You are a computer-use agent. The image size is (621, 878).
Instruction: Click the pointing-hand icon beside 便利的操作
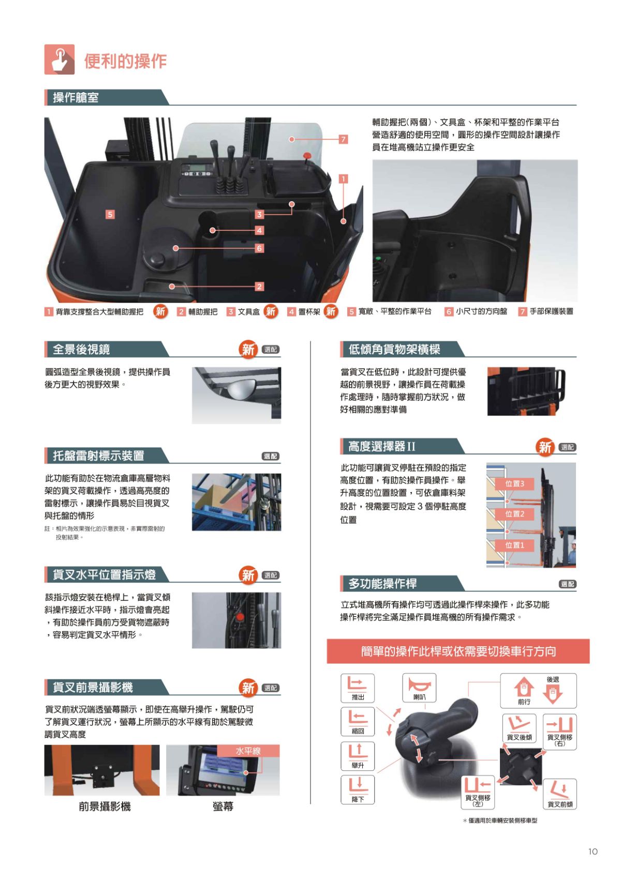[59, 59]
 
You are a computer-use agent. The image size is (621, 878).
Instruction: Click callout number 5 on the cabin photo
[110, 214]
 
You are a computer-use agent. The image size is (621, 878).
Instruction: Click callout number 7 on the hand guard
[343, 139]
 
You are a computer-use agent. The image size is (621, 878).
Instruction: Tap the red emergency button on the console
[307, 155]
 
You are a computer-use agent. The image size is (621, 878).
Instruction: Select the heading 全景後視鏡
[81, 349]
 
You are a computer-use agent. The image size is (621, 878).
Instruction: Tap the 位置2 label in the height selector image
[514, 514]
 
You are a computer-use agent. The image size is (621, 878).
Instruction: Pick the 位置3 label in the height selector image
[514, 483]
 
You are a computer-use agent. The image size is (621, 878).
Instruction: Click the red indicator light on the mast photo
[240, 617]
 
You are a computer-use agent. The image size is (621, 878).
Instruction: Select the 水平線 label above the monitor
[248, 751]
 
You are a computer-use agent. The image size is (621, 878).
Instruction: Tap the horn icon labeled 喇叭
[419, 688]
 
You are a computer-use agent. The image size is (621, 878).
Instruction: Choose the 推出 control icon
[358, 687]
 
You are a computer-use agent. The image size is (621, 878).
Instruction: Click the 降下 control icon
[358, 789]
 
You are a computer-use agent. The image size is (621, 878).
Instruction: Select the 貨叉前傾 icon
[559, 794]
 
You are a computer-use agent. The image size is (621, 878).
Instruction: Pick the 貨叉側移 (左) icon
[477, 792]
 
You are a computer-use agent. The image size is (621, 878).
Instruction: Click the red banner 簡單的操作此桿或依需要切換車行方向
[458, 651]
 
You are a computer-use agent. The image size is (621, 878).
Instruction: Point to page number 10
[593, 851]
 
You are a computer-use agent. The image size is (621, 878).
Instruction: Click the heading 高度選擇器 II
[381, 446]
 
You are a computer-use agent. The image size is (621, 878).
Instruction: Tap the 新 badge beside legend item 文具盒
[271, 311]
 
